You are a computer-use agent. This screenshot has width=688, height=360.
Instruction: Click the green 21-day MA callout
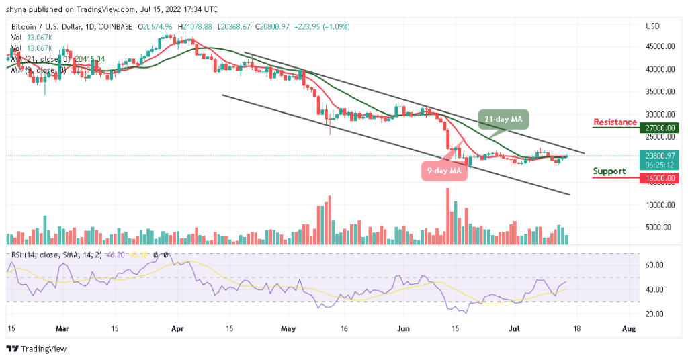[x=504, y=119]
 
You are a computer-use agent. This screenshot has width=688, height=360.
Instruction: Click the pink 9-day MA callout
[x=445, y=171]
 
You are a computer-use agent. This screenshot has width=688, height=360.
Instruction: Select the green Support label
[x=609, y=171]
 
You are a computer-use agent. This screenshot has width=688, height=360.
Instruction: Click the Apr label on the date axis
[x=177, y=329]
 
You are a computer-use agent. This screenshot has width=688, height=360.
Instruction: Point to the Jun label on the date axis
[x=403, y=329]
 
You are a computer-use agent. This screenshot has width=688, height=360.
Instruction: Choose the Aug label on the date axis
[x=628, y=329]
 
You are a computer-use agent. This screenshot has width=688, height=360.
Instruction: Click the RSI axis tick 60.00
[x=654, y=265]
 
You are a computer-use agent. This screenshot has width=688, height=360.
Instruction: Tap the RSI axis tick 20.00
[x=654, y=314]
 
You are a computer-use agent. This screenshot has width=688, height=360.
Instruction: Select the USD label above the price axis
[x=653, y=26]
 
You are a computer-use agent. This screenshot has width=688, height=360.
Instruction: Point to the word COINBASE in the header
[x=114, y=26]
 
